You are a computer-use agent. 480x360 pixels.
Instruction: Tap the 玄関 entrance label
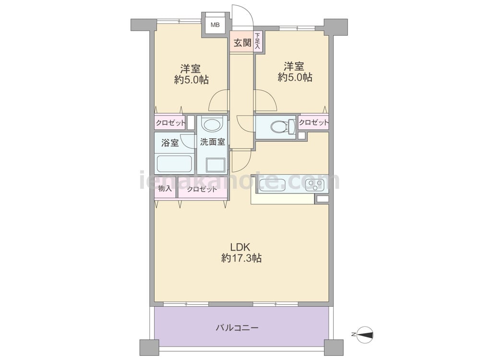tap(242, 43)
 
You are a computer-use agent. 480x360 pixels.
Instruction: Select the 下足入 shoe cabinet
tap(258, 41)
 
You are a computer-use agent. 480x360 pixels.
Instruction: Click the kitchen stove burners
tap(317, 184)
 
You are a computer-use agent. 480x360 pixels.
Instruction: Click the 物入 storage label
tap(165, 189)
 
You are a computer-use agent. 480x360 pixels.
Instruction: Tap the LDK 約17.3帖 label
tap(241, 252)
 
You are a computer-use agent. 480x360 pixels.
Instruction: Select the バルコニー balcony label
tap(237, 328)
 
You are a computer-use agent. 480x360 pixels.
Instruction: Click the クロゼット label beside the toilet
tap(313, 122)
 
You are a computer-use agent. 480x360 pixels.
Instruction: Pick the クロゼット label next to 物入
tap(202, 189)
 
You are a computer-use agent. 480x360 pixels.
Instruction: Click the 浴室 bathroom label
tap(170, 143)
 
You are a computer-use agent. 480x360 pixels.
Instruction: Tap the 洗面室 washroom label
tap(213, 142)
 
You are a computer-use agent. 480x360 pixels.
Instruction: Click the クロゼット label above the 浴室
tap(170, 123)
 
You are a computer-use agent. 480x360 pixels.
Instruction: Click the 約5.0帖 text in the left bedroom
tap(191, 80)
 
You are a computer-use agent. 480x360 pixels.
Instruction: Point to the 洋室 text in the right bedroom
tap(294, 66)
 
